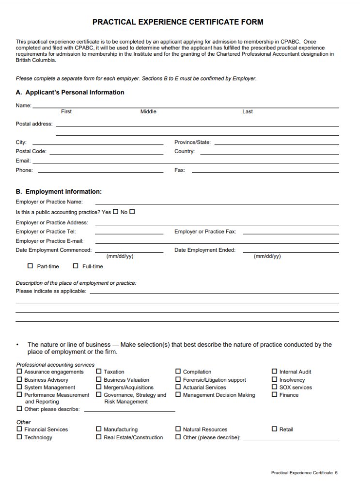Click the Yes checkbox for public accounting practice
click(x=115, y=212)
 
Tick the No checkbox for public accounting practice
click(x=132, y=212)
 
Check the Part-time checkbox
click(x=31, y=266)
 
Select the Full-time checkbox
click(x=76, y=266)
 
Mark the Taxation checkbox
click(x=99, y=372)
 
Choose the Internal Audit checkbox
click(x=275, y=372)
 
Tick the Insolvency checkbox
click(x=275, y=379)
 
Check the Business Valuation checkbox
click(x=99, y=379)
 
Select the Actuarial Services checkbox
click(x=178, y=387)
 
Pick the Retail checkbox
click(x=275, y=429)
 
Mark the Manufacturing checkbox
click(x=99, y=429)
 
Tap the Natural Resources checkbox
click(x=178, y=429)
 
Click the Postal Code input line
click(x=106, y=153)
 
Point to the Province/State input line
click(x=276, y=144)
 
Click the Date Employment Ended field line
click(x=291, y=252)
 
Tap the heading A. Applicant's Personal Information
click(x=70, y=93)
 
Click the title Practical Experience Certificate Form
click(x=178, y=22)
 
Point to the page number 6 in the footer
click(x=336, y=473)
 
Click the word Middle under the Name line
click(x=148, y=112)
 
